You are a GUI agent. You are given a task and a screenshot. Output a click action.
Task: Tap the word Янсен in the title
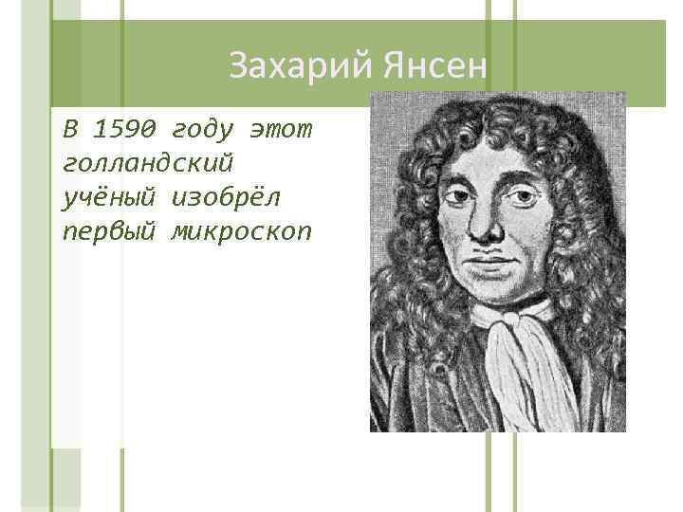pyautogui.click(x=435, y=66)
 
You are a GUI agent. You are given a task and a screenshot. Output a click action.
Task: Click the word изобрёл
pyautogui.click(x=226, y=195)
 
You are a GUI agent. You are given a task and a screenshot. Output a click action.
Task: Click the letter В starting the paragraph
pyautogui.click(x=67, y=127)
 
